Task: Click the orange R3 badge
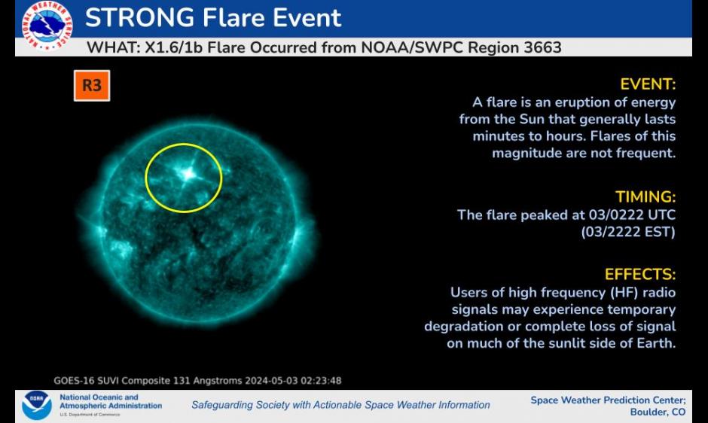(92, 85)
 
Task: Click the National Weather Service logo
(47, 25)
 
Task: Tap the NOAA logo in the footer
(37, 405)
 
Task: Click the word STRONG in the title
(139, 18)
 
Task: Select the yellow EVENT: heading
(648, 84)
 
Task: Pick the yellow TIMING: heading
(645, 197)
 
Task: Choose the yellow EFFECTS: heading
(640, 275)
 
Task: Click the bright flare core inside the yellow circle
(188, 173)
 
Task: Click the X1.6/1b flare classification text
(173, 47)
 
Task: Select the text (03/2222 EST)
(628, 232)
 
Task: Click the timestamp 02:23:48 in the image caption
(321, 381)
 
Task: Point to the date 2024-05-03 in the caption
(271, 381)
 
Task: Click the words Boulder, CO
(658, 412)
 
